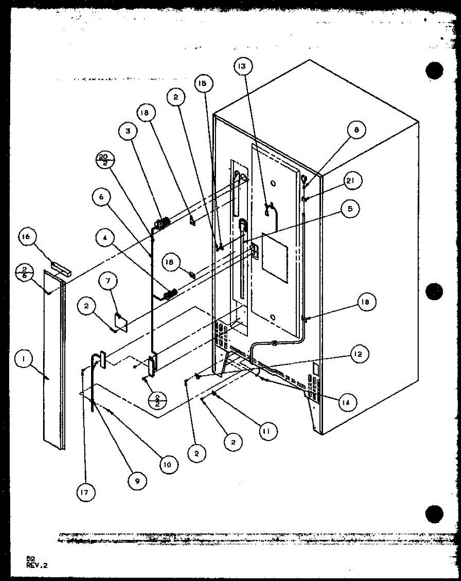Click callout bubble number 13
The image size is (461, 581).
(x=241, y=66)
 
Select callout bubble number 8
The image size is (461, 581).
(x=356, y=130)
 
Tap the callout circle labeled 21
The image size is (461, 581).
(x=351, y=181)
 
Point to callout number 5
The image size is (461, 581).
(x=350, y=209)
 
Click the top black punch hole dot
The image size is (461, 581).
(x=434, y=71)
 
